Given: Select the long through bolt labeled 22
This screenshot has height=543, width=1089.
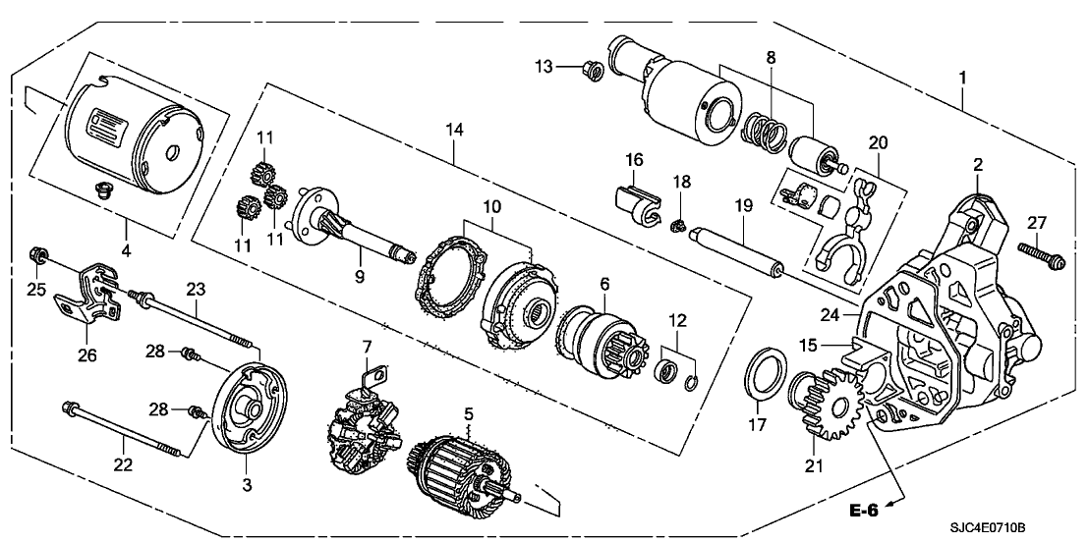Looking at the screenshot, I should pyautogui.click(x=122, y=428).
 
